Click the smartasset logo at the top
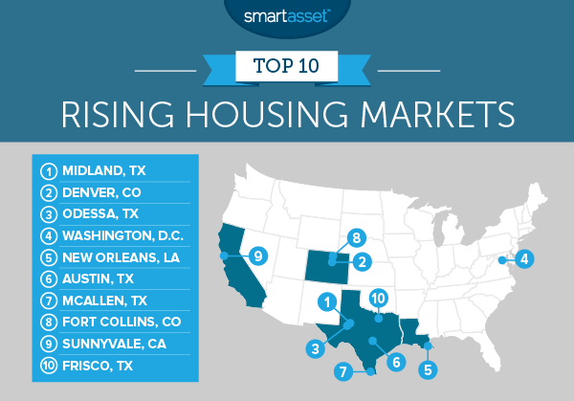click(287, 16)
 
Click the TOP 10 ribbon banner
click(287, 68)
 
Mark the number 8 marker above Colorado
click(356, 236)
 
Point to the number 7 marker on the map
click(340, 371)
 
